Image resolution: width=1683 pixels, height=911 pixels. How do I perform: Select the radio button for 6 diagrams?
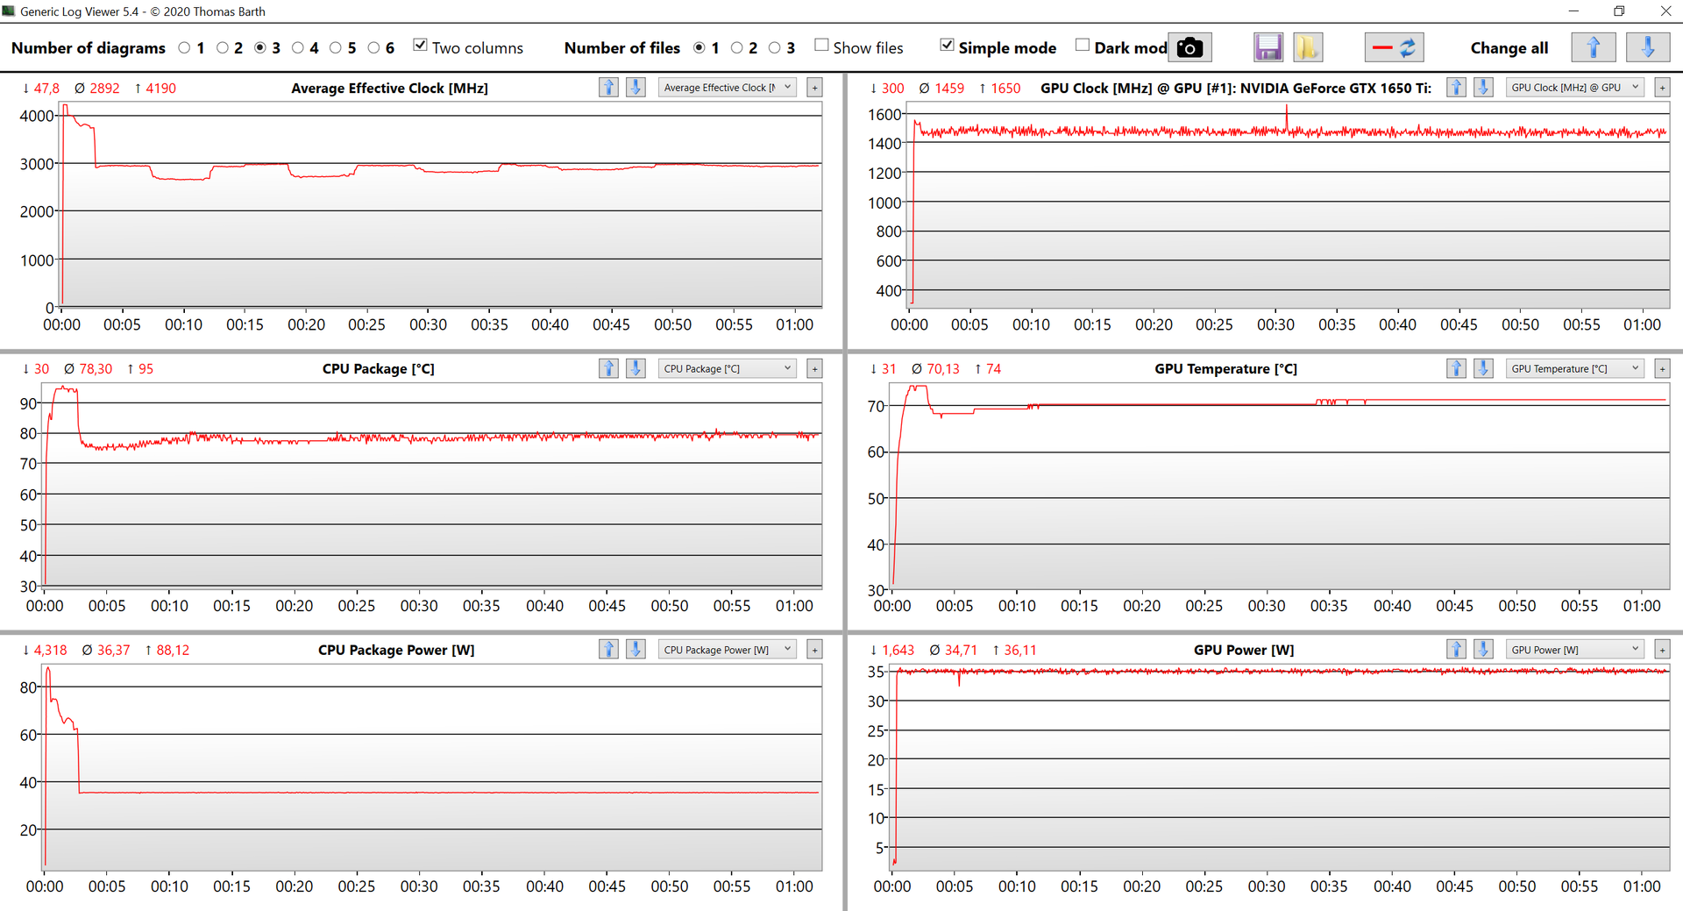click(x=374, y=48)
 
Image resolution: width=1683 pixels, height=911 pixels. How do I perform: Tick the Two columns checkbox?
click(x=421, y=46)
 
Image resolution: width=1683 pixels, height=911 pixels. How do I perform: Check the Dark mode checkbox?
click(x=1083, y=46)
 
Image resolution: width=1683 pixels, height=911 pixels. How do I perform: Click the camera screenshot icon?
click(x=1189, y=48)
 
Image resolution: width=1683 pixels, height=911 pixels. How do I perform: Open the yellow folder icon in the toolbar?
click(x=1307, y=48)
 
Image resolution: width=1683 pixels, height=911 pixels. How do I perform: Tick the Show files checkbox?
click(x=821, y=46)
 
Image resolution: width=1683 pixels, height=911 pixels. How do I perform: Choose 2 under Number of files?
click(x=737, y=48)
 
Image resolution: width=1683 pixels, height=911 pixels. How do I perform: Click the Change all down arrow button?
click(x=1647, y=48)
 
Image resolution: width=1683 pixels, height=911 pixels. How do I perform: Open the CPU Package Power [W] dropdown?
click(x=727, y=650)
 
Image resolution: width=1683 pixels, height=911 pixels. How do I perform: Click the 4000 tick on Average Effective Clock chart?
click(x=37, y=116)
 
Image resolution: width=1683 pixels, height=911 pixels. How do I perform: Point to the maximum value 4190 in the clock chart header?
click(x=160, y=89)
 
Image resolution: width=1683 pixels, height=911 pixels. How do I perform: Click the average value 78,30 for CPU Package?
click(x=96, y=369)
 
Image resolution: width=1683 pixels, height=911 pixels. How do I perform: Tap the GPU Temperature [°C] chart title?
click(x=1225, y=369)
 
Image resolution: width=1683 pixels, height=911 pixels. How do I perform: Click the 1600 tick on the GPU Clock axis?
click(x=884, y=115)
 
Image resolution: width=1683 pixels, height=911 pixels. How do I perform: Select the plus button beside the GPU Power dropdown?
click(x=1662, y=650)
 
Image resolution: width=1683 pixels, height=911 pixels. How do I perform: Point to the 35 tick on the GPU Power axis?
click(x=876, y=672)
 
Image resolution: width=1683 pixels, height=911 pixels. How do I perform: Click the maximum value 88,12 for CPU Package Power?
click(x=173, y=651)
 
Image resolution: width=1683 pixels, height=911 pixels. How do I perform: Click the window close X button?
click(x=1665, y=11)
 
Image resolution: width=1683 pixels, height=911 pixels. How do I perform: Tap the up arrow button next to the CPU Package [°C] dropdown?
click(x=608, y=368)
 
